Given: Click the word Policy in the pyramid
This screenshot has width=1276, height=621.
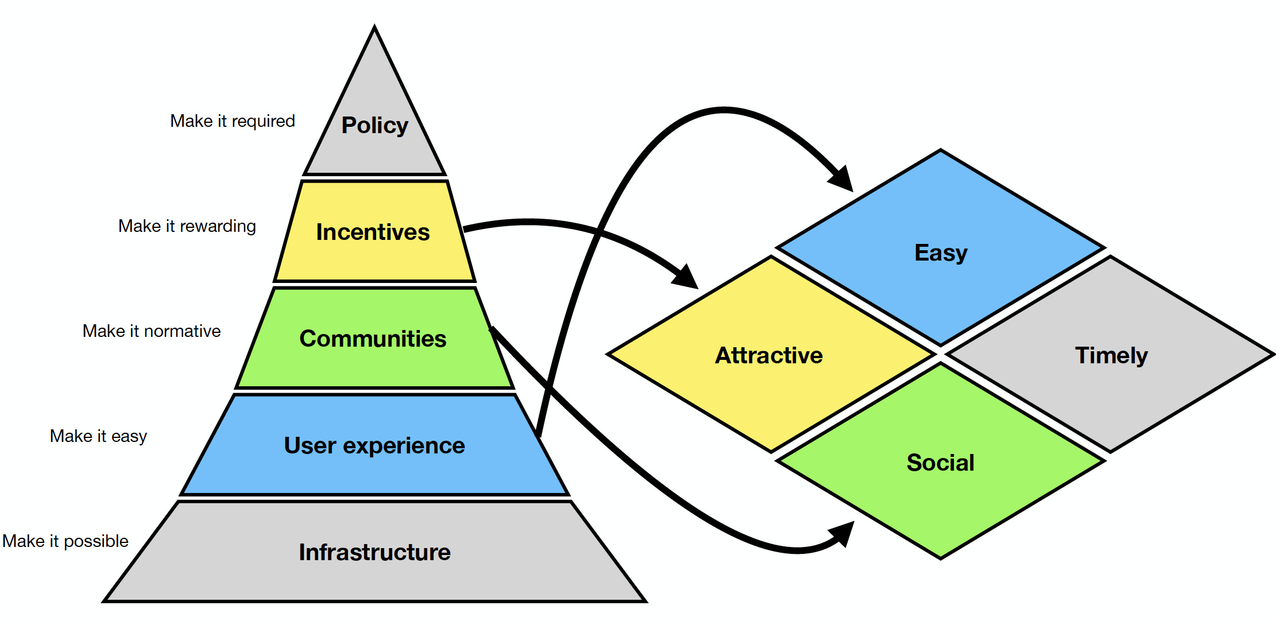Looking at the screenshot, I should click(374, 125).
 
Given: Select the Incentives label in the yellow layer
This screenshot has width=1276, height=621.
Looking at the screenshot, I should click(373, 232).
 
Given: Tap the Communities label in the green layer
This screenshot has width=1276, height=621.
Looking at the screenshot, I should click(373, 339).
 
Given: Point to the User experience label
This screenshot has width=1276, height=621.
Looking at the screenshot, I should click(374, 445).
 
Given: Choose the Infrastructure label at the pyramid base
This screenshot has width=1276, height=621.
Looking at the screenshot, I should click(374, 552).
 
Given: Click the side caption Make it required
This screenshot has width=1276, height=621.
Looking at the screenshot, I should click(232, 121).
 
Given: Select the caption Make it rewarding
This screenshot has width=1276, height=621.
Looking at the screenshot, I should click(187, 226).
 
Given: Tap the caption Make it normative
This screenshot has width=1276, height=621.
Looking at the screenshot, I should click(152, 331).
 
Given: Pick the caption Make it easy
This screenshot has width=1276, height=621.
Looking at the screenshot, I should click(98, 436).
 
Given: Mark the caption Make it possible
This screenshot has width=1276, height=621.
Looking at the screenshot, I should click(65, 541).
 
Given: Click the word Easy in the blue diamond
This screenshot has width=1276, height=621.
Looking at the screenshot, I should click(941, 253).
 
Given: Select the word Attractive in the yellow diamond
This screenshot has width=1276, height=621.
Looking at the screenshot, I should click(768, 355).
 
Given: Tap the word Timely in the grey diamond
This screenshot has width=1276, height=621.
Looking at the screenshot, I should click(1111, 355).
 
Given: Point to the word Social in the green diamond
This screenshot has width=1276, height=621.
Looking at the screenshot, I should click(941, 463).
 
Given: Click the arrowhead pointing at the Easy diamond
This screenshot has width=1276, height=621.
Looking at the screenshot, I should click(843, 180).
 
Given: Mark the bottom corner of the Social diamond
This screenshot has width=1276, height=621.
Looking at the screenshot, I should click(941, 557).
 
